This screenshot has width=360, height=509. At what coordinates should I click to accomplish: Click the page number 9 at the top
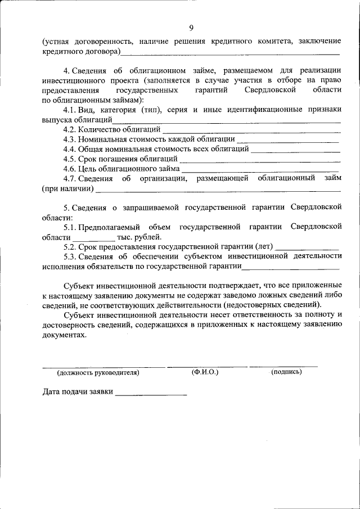191,28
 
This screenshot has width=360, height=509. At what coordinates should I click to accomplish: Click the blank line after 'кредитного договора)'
231,53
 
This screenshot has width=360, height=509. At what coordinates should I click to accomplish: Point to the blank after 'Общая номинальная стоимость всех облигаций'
295,151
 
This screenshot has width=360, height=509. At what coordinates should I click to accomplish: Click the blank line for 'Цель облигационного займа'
260,170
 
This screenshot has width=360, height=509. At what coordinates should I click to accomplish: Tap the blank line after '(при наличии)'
217,190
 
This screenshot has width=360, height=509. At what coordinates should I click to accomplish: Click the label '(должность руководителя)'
98,372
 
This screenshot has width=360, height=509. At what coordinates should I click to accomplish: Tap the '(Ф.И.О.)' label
205,372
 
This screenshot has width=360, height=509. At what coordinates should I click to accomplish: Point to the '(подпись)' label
286,372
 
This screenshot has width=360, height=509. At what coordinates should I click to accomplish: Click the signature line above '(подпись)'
283,366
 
